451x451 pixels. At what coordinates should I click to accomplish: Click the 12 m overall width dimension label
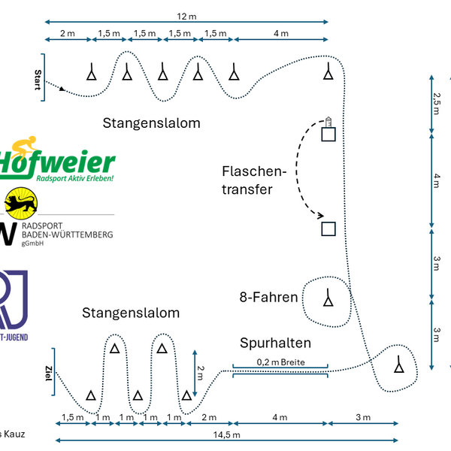[186, 15]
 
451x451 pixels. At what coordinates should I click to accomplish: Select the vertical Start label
[38, 79]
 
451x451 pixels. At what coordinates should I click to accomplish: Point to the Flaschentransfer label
[254, 180]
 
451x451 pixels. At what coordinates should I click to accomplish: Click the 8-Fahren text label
[269, 298]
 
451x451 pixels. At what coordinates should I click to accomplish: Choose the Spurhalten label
[275, 344]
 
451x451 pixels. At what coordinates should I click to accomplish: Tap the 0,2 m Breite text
[280, 362]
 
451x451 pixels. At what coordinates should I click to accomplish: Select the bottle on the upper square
[328, 121]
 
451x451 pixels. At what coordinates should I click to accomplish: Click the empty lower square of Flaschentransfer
[328, 229]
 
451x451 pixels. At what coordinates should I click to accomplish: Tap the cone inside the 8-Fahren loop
[328, 298]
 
